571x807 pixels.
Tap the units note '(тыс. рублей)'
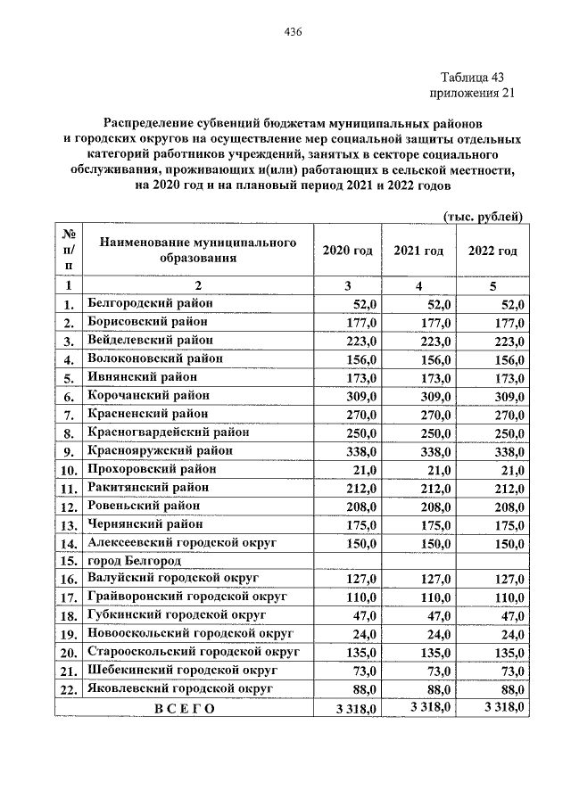pos(482,216)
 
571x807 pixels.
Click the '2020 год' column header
pos(347,251)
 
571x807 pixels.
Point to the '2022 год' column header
pos(492,251)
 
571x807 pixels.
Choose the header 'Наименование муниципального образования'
pos(197,251)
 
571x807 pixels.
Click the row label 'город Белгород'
pos(135,562)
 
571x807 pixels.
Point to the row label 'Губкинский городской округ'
pos(179,616)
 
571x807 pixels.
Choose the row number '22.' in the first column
pos(68,690)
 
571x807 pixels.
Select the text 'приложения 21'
pos(473,93)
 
